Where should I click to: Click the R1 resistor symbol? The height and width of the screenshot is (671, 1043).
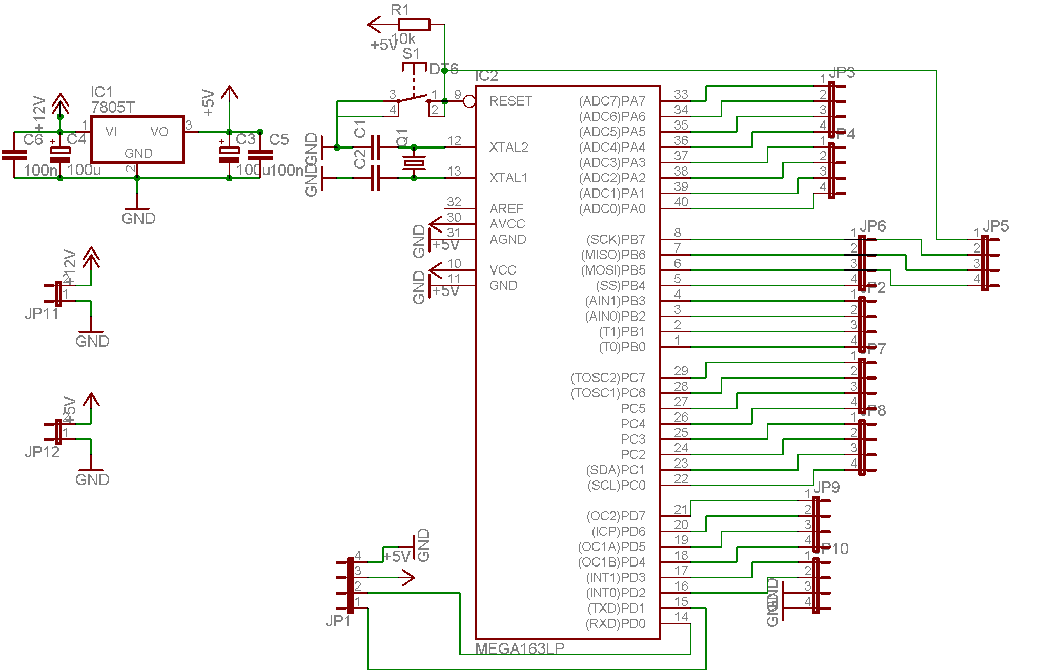click(414, 24)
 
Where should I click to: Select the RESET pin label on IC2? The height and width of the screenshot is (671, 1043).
click(510, 101)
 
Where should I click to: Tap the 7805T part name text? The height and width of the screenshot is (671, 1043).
click(113, 107)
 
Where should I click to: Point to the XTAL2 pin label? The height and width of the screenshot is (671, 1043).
click(508, 148)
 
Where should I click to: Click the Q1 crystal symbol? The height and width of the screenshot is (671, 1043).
click(414, 163)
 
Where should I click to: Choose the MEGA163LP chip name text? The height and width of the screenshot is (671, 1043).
click(520, 648)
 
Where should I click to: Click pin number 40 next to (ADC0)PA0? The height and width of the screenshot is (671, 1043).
click(681, 202)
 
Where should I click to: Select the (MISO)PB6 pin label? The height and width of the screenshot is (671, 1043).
click(613, 255)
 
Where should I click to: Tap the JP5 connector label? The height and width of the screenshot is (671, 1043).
click(996, 226)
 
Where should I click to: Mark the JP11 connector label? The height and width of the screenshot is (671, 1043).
click(42, 313)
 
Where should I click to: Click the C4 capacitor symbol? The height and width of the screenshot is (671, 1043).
click(60, 152)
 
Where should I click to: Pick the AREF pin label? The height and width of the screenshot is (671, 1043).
click(506, 208)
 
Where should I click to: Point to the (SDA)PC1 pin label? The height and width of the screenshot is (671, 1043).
click(616, 470)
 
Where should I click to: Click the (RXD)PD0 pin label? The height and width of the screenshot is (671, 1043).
click(616, 623)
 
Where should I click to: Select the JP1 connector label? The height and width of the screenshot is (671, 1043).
click(338, 621)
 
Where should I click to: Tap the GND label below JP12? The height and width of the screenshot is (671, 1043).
click(92, 479)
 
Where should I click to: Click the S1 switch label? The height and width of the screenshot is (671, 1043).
click(411, 53)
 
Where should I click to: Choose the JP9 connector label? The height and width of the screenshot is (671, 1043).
click(827, 487)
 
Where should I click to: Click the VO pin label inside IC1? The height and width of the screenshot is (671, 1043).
click(159, 132)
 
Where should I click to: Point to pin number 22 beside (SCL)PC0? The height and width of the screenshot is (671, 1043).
click(681, 478)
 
